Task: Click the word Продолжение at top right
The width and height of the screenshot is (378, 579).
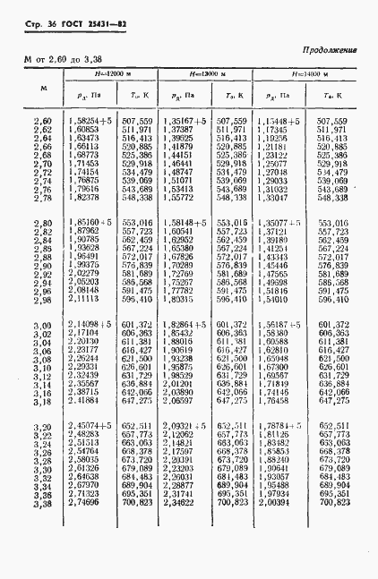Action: click(331, 51)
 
